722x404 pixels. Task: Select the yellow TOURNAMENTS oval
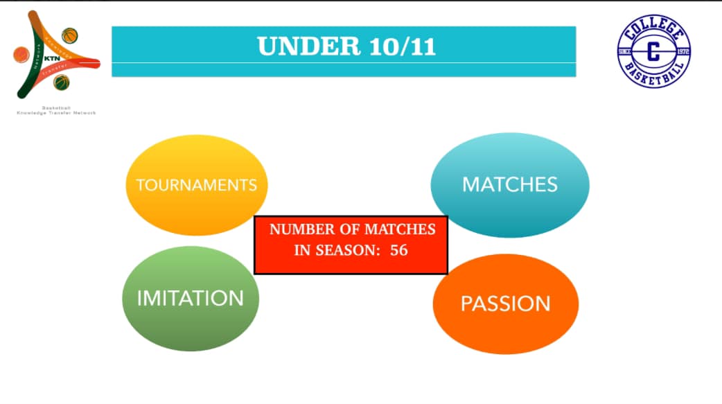196,185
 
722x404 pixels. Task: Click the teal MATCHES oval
509,184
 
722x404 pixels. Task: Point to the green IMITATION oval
191,298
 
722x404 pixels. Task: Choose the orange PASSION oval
505,304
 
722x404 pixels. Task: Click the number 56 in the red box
399,250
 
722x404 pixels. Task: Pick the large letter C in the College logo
653,53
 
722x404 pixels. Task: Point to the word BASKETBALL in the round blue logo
653,76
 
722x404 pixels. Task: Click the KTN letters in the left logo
52,58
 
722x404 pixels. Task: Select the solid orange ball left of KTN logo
21,53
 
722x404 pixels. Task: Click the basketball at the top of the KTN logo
69,35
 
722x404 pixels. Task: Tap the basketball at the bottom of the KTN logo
62,82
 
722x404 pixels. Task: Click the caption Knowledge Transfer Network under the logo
56,113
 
